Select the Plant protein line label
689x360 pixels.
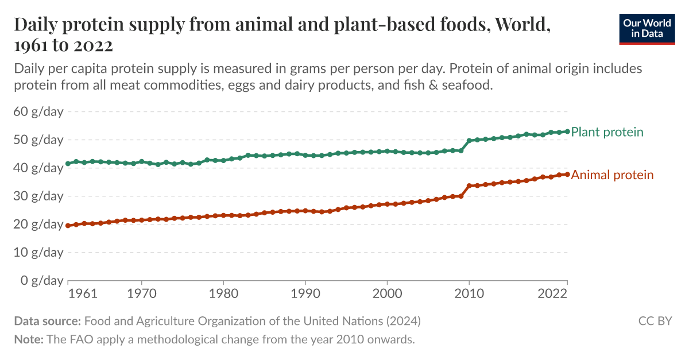click(607, 132)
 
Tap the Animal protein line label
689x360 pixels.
click(612, 175)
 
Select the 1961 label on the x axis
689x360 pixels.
click(83, 294)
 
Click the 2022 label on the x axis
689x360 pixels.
click(552, 294)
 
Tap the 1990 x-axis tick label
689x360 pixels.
click(305, 294)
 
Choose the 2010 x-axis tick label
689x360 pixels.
click(469, 294)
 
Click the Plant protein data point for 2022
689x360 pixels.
click(567, 131)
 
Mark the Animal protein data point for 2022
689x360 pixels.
click(567, 174)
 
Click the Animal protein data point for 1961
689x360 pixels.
click(68, 226)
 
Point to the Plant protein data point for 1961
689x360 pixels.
click(68, 164)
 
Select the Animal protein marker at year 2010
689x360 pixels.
click(469, 185)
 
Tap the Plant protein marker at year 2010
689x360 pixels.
click(469, 141)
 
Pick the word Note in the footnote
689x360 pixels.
click(28, 339)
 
